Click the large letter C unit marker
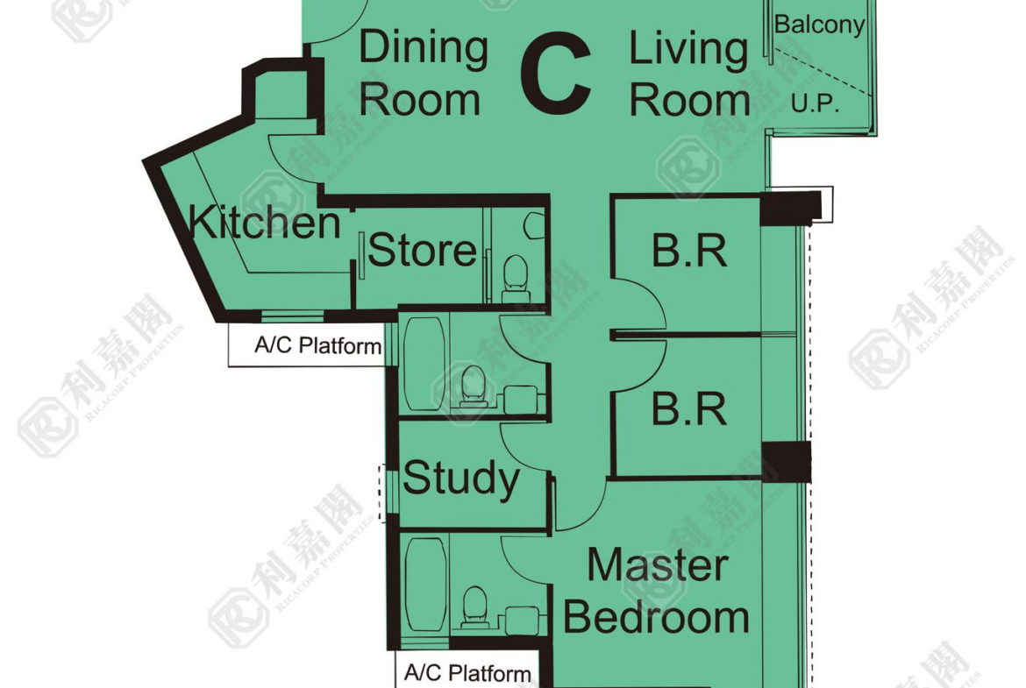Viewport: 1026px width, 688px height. click(x=556, y=74)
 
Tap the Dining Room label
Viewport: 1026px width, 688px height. click(x=424, y=73)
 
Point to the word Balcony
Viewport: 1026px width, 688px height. click(x=819, y=25)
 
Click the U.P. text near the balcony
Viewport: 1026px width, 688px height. click(x=815, y=103)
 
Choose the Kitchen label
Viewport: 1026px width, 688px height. click(x=264, y=222)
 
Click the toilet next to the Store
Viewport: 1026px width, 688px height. click(x=515, y=279)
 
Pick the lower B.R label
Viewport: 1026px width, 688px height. click(x=689, y=408)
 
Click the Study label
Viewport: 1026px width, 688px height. click(x=461, y=479)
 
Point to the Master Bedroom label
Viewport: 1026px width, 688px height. click(x=656, y=592)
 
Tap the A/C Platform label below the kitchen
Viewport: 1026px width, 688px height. click(x=318, y=344)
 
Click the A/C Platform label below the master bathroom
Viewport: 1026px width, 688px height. click(x=467, y=672)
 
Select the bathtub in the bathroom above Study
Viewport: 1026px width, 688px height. click(x=424, y=365)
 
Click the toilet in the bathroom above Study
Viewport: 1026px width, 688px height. click(x=474, y=387)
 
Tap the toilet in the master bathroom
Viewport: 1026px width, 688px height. click(x=475, y=607)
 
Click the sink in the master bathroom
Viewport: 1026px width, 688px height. click(x=522, y=620)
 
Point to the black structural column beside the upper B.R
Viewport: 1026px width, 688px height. click(x=790, y=208)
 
